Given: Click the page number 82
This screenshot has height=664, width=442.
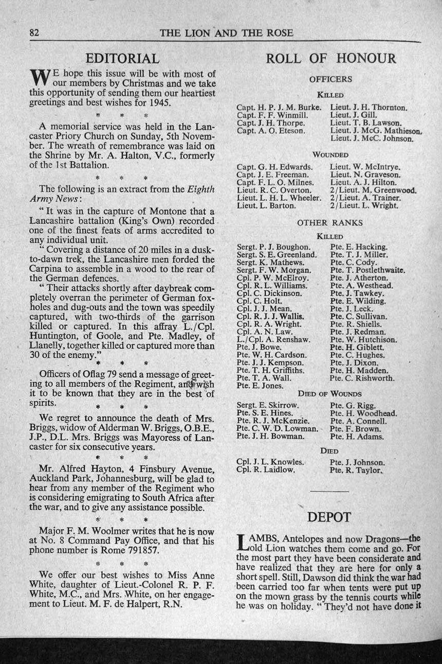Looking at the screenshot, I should (x=35, y=33).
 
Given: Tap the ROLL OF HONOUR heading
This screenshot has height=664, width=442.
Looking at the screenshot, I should (x=330, y=58).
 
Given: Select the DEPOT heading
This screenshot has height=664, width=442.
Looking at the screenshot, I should (x=329, y=517).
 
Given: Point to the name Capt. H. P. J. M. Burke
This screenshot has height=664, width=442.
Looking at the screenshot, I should (x=279, y=108).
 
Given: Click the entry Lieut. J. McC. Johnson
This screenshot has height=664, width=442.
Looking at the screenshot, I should (x=372, y=138).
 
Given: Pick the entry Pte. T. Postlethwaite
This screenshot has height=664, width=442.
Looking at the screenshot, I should (x=367, y=270).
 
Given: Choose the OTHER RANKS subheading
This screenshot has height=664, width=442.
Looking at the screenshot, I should (x=330, y=223).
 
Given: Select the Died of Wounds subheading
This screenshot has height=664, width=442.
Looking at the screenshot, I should (x=330, y=394).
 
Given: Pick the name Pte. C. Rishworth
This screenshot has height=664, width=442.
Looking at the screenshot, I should (x=362, y=378).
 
